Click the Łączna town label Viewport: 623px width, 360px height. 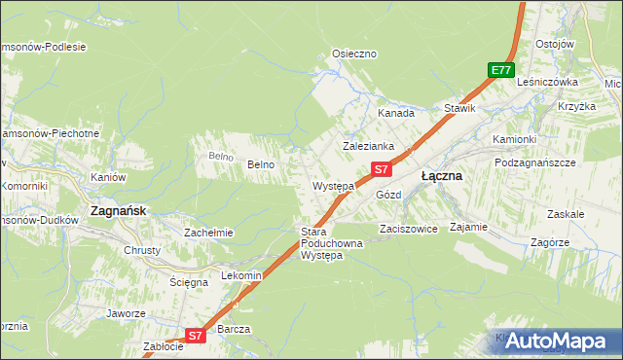pyautogui.click(x=441, y=177)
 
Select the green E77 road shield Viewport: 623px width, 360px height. pyautogui.click(x=500, y=70)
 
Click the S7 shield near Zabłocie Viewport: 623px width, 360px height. pyautogui.click(x=195, y=336)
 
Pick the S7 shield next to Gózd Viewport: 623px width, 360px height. pyautogui.click(x=382, y=169)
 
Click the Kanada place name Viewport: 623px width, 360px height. pyautogui.click(x=396, y=113)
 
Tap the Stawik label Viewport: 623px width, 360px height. pyautogui.click(x=459, y=108)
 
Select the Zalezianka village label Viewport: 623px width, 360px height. pyautogui.click(x=368, y=146)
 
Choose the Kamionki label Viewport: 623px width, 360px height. pyautogui.click(x=514, y=139)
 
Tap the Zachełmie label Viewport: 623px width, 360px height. pyautogui.click(x=208, y=233)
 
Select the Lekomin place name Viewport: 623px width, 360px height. pyautogui.click(x=242, y=275)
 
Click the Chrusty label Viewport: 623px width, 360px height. pyautogui.click(x=142, y=250)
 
